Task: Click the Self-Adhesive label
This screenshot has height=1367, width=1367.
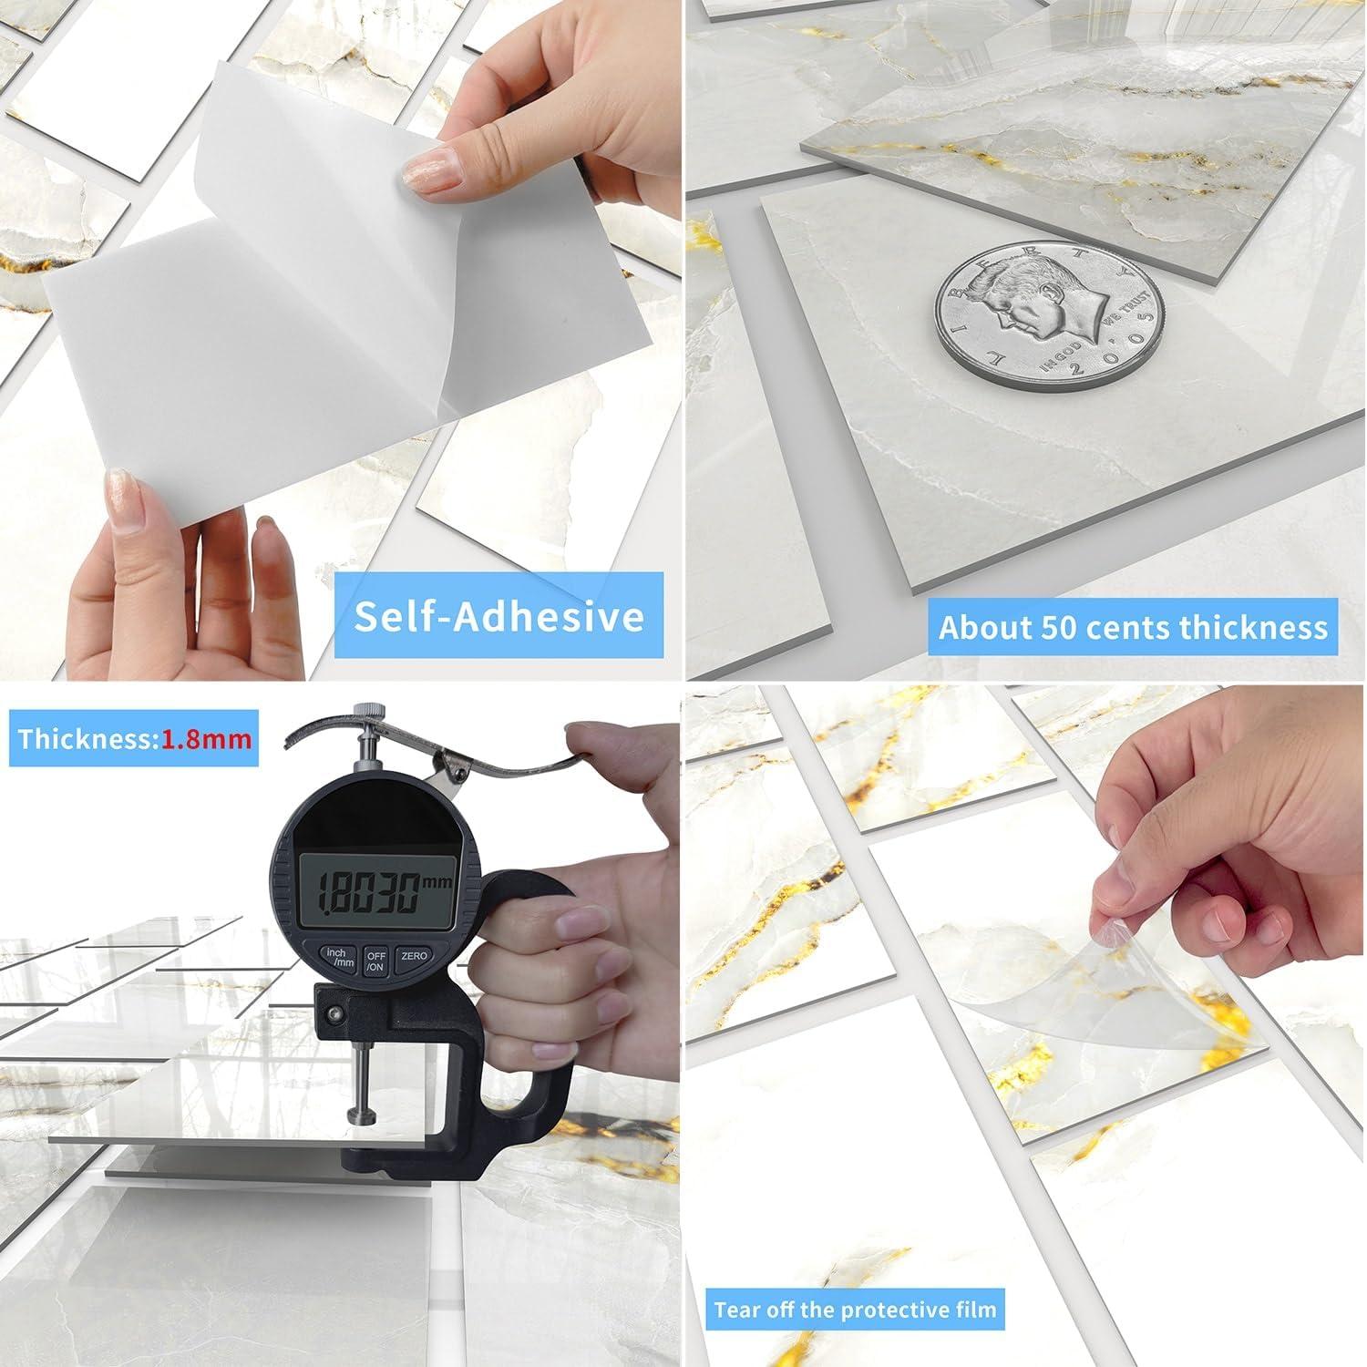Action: pos(498,616)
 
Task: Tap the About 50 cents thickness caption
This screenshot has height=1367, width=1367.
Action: pos(1133,627)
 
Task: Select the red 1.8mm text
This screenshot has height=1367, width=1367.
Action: pos(207,737)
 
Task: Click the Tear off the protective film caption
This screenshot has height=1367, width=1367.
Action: pos(855,1310)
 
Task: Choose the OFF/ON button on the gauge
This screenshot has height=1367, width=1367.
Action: pos(375,961)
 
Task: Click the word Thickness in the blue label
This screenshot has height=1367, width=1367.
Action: pos(87,737)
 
